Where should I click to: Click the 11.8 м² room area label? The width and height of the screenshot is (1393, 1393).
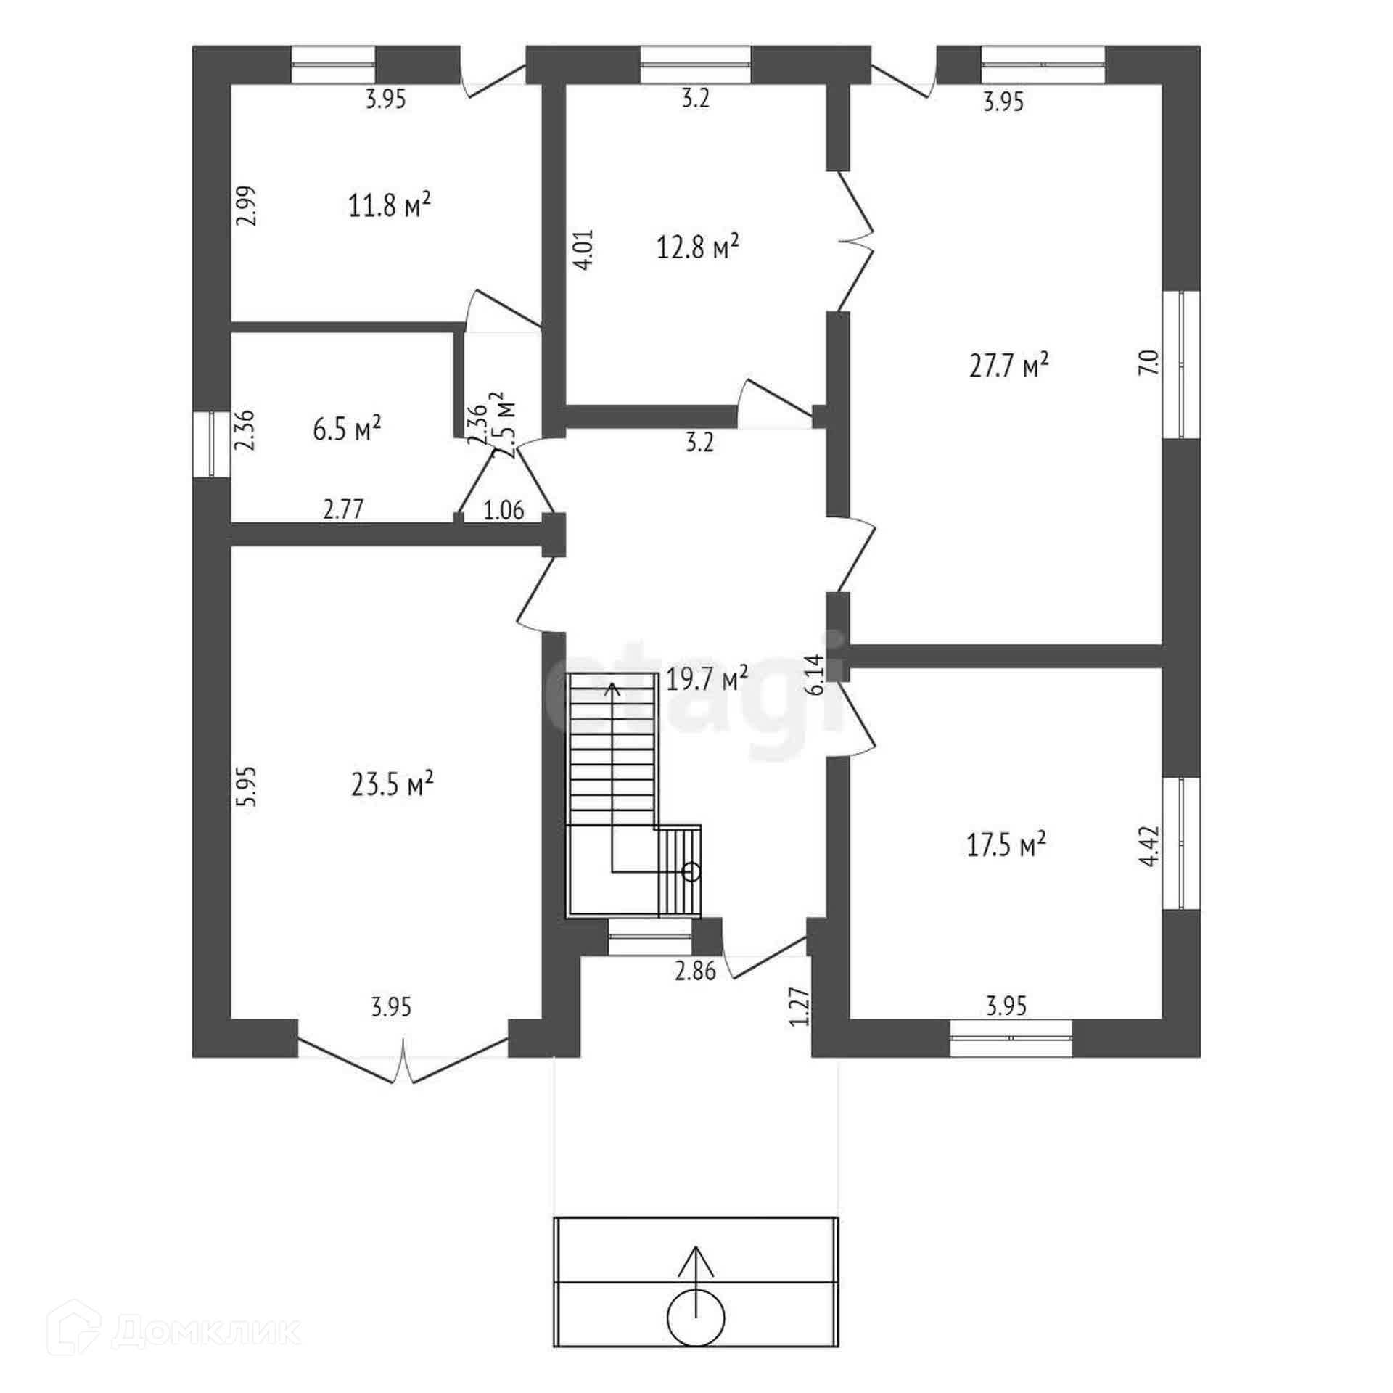(390, 206)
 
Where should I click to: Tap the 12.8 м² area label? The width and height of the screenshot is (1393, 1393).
(698, 247)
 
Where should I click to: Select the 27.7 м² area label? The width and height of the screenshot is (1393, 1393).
(1009, 365)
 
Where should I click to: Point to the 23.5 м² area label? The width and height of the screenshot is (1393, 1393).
(393, 784)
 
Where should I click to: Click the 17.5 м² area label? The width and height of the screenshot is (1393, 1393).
(1006, 845)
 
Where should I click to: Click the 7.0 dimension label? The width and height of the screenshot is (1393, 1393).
(1148, 362)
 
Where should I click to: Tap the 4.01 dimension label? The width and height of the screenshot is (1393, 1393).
(585, 250)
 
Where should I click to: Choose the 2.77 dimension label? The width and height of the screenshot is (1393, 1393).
(343, 509)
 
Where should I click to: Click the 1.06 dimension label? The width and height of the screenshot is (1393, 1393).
(504, 510)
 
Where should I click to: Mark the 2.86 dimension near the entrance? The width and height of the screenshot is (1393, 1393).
(695, 971)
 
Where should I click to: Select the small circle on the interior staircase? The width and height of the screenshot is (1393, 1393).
(691, 871)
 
